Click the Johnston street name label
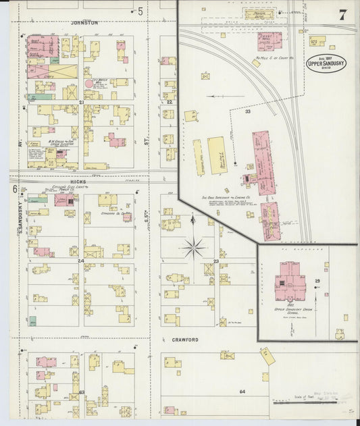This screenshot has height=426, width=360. coord(84,23)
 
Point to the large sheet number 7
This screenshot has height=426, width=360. coord(343,15)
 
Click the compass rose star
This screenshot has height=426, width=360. coord(193,248)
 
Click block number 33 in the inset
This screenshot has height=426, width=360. coord(248,111)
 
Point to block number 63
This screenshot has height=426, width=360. coord(81,391)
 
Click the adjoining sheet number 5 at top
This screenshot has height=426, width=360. coord(140,11)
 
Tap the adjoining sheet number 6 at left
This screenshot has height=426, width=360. coord(14,189)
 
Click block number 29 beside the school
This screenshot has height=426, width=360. coord(317,280)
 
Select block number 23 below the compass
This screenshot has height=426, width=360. coord(216,260)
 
